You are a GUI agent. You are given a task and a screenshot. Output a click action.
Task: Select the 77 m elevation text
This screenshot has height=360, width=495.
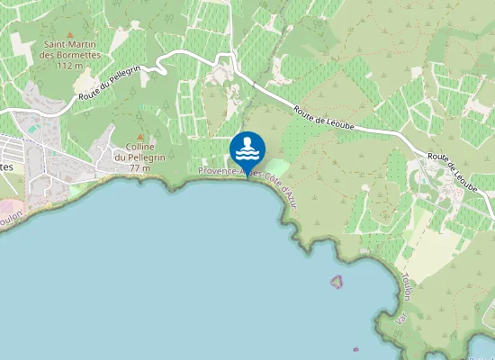tap(139, 168)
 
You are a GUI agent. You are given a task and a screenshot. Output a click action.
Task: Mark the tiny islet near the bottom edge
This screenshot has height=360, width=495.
tap(356, 349)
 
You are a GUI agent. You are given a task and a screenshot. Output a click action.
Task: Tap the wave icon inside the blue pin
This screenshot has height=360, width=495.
tap(247, 146)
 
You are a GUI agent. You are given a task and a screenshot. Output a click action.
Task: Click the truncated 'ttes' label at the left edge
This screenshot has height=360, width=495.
tap(6, 167)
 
